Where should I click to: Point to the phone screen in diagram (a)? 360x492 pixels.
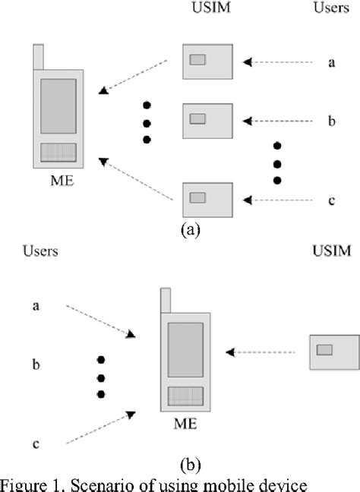click(58, 106)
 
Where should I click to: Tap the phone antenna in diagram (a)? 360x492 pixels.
click(39, 58)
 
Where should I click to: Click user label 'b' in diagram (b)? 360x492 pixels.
click(36, 365)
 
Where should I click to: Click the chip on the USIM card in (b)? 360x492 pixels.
click(324, 349)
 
